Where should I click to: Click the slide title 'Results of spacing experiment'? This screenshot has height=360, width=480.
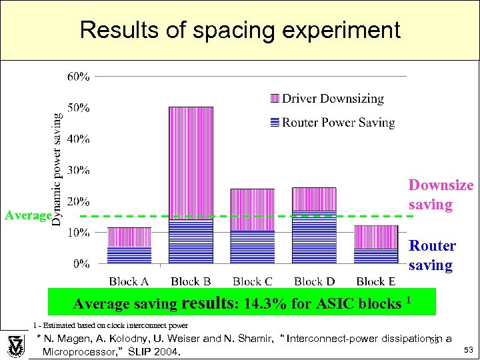(239, 30)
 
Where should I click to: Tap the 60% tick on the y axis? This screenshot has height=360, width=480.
(79, 77)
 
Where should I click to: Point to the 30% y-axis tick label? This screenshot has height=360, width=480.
(79, 170)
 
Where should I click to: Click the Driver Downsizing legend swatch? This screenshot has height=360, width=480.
(273, 99)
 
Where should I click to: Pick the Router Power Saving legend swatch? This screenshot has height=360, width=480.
(273, 122)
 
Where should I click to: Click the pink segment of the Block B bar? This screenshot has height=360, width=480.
(191, 160)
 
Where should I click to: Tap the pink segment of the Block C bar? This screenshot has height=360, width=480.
(252, 209)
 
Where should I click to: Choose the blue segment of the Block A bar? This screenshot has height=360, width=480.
(129, 255)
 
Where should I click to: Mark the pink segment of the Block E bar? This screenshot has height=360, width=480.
(376, 237)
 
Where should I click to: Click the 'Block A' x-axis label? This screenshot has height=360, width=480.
(129, 281)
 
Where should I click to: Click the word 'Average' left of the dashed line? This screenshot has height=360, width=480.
(27, 215)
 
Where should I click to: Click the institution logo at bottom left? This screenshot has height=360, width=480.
(15, 345)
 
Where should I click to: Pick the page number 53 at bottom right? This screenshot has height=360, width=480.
(467, 350)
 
